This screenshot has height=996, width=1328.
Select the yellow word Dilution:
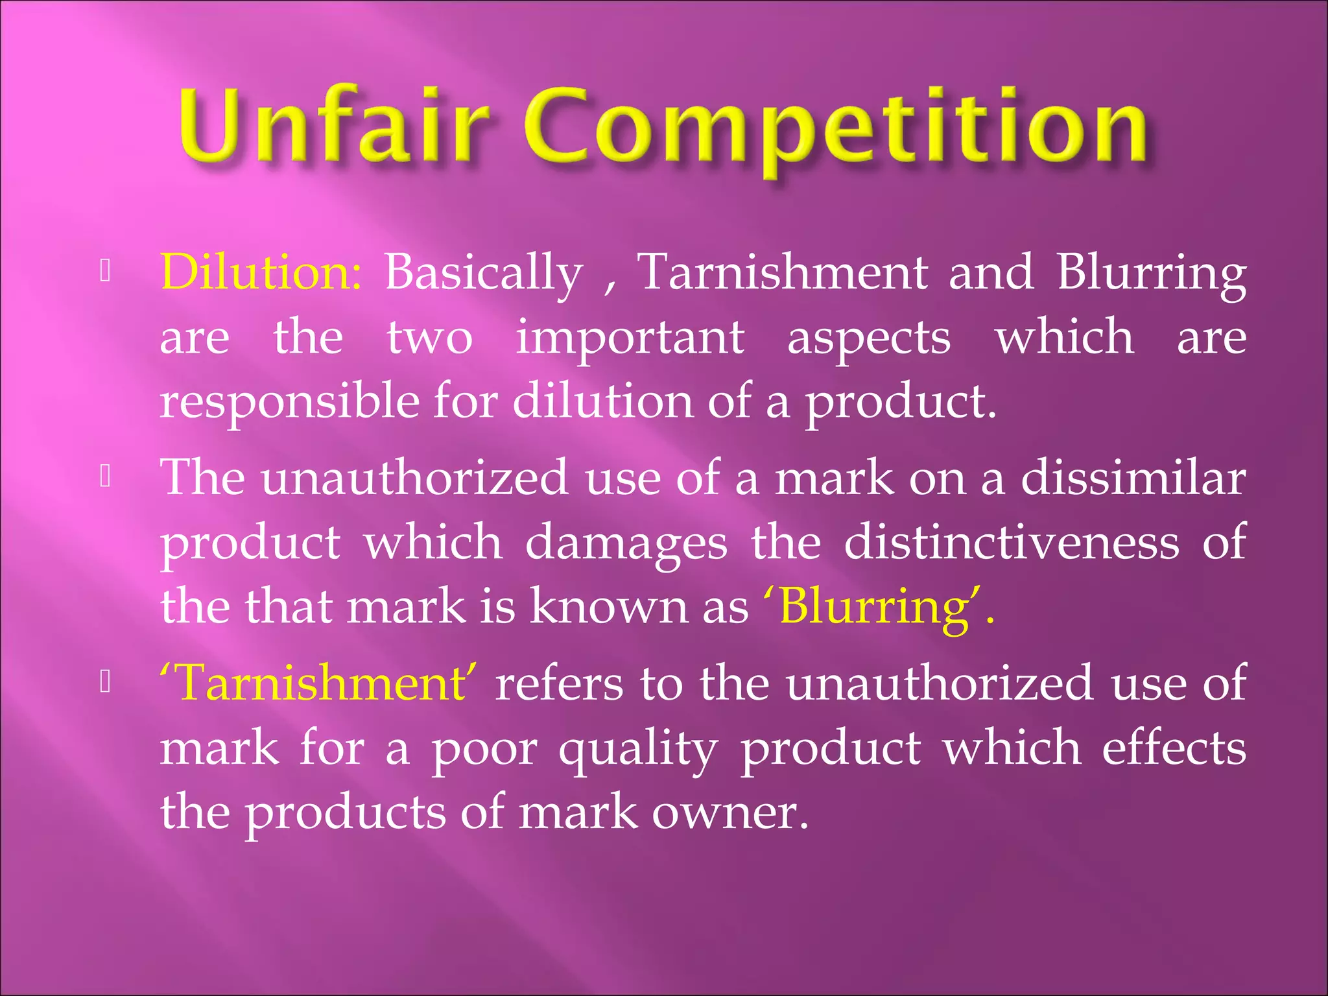tap(261, 272)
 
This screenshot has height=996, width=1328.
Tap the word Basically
tap(484, 273)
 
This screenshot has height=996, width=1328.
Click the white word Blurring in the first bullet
tap(1151, 273)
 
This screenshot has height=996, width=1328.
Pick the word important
tap(630, 338)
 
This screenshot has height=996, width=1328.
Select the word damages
tap(626, 543)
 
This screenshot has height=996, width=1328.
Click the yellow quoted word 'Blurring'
tap(878, 607)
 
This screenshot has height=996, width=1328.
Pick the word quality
tap(638, 750)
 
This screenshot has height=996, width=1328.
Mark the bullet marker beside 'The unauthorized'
tap(106, 478)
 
